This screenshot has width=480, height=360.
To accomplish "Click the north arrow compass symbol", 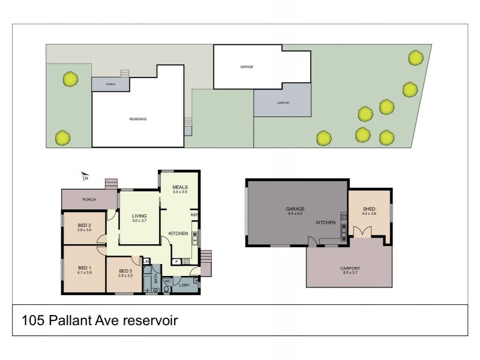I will [85, 176].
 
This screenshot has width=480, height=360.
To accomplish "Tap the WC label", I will [168, 280].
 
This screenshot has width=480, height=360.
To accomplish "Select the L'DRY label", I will [184, 284].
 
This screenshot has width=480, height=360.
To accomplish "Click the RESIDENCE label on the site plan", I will [138, 119].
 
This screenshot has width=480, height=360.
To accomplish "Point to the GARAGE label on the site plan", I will [246, 67].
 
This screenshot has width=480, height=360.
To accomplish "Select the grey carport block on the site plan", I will [283, 103].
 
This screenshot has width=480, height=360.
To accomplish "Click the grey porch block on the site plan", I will [110, 84].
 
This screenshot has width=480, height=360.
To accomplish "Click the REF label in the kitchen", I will [194, 215].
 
